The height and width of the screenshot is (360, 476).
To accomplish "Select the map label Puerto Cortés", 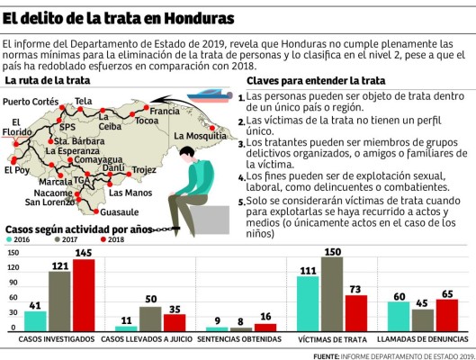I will (x=31, y=101).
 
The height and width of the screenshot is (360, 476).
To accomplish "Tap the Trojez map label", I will (x=144, y=170).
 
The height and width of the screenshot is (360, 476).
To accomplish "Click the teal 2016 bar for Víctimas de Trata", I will (x=307, y=303).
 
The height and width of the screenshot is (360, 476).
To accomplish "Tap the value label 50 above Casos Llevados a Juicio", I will (x=151, y=299).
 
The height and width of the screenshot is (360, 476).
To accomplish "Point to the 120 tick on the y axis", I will (x=13, y=268).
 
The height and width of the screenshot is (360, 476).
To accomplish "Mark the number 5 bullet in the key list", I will (x=242, y=201).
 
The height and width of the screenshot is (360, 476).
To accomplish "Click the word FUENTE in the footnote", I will (x=328, y=354).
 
